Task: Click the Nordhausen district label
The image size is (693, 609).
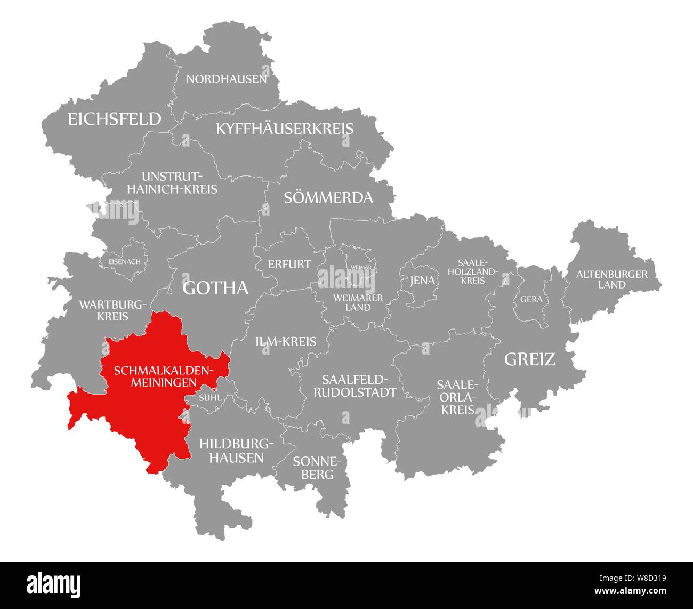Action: click(x=226, y=79)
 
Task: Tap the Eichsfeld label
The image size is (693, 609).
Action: click(x=114, y=119)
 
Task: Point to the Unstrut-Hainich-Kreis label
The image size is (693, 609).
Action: click(x=179, y=182)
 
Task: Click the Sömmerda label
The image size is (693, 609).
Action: click(x=328, y=198)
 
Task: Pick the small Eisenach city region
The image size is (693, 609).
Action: click(x=124, y=261)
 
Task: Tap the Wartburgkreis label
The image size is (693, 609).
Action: click(x=112, y=310)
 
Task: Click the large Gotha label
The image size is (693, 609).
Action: click(x=215, y=288)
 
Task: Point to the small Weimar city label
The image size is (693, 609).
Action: click(x=361, y=267)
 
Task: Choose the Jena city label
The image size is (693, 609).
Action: click(x=422, y=281)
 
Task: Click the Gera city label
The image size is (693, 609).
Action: click(x=531, y=299)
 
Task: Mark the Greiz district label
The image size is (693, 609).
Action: click(x=529, y=359)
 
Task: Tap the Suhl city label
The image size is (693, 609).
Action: click(x=209, y=397)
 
